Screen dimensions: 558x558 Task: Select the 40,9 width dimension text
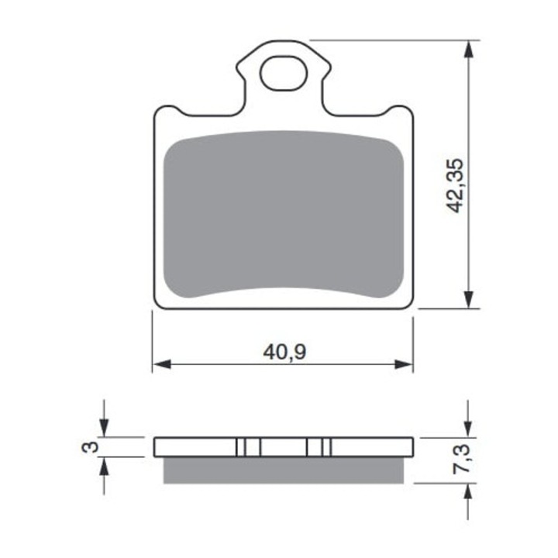[284, 353]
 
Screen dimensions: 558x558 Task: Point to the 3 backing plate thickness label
[91, 447]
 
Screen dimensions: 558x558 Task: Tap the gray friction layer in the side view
[284, 470]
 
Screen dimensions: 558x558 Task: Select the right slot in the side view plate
[319, 447]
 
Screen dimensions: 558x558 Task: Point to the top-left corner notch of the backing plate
[172, 112]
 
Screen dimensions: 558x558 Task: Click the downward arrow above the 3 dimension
[105, 427]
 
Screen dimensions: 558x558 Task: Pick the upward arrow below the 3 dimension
[105, 467]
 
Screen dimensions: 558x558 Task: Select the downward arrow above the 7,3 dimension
[468, 427]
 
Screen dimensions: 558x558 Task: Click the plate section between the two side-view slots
[283, 447]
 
